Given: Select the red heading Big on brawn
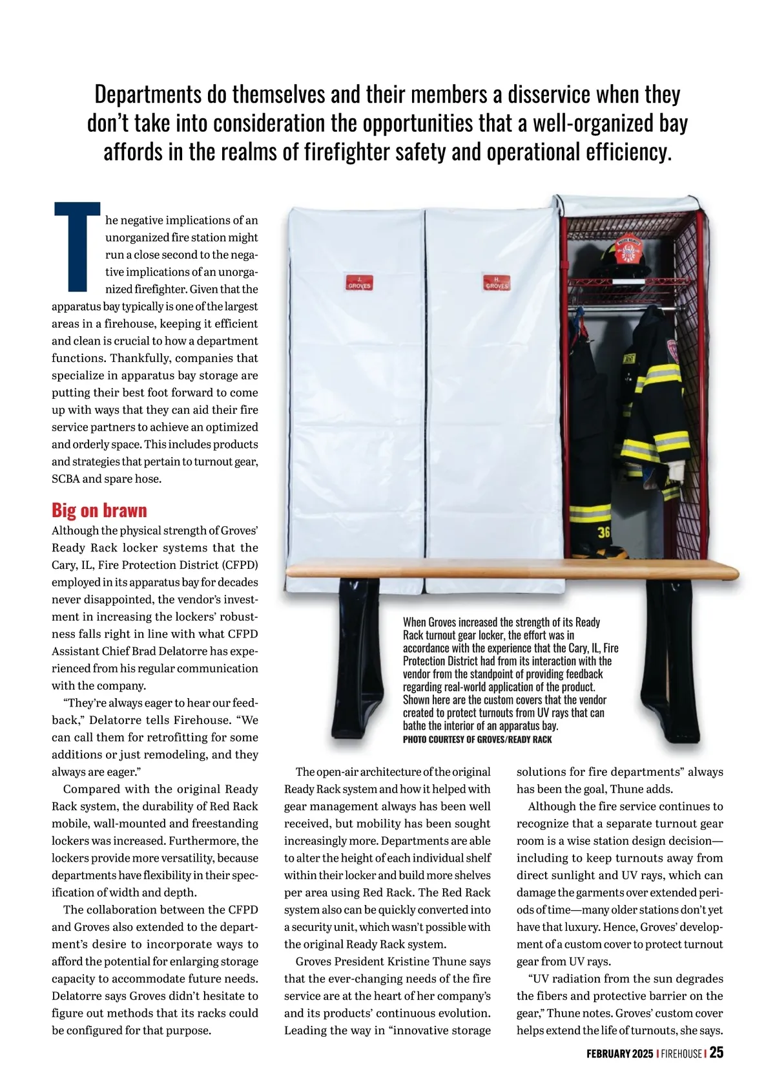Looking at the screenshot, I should (x=99, y=511).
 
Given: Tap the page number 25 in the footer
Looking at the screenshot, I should (x=716, y=1053).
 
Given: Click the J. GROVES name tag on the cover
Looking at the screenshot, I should (x=359, y=282).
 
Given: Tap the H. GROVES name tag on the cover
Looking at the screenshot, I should (x=496, y=282).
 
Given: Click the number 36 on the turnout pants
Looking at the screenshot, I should (x=604, y=533).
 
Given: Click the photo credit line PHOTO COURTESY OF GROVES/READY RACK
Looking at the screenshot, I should (x=477, y=740).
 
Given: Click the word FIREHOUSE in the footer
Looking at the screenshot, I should (x=681, y=1054).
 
